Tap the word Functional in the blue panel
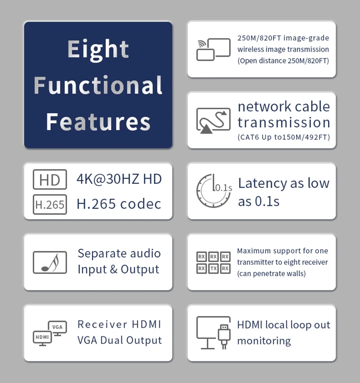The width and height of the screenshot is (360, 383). pyautogui.click(x=98, y=85)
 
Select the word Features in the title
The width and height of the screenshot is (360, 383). pyautogui.click(x=98, y=121)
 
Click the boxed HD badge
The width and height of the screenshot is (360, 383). pyautogui.click(x=49, y=180)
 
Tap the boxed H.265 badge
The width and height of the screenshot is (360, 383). pyautogui.click(x=49, y=205)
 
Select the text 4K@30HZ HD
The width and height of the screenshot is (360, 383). pyautogui.click(x=119, y=179)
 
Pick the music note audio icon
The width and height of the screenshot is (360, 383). pyautogui.click(x=49, y=263)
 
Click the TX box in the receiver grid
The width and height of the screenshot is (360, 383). pyautogui.click(x=213, y=269)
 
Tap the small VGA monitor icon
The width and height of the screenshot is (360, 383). pyautogui.click(x=57, y=328)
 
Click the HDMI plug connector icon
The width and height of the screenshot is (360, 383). pyautogui.click(x=223, y=334)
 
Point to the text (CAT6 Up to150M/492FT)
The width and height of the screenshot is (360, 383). pyautogui.click(x=283, y=137)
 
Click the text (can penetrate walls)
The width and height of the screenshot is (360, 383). pyautogui.click(x=271, y=273)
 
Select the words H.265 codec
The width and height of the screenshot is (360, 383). pyautogui.click(x=119, y=204)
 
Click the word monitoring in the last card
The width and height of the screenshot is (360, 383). pyautogui.click(x=264, y=341)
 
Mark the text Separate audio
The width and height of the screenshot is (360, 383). pyautogui.click(x=119, y=253)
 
